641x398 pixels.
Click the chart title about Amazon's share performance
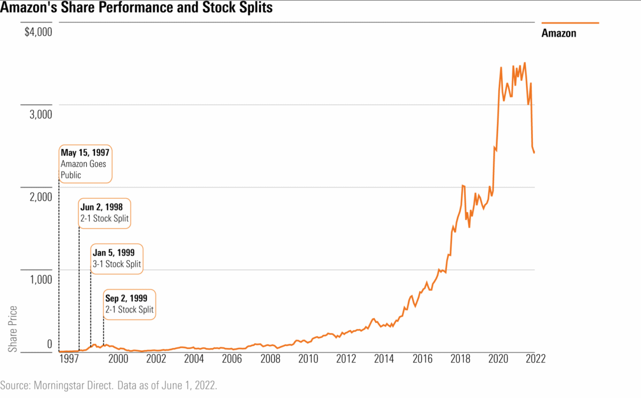click(136, 9)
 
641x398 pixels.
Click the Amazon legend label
click(558, 33)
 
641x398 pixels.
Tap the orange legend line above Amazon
click(570, 22)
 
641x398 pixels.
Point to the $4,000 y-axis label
click(38, 32)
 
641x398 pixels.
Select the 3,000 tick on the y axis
click(41, 114)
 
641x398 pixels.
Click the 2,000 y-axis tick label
click(41, 196)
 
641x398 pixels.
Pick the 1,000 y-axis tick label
click(41, 279)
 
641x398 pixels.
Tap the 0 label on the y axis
click(50, 344)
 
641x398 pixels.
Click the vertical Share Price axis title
click(13, 329)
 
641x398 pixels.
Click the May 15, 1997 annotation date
click(85, 153)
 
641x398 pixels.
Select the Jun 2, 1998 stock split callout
click(104, 213)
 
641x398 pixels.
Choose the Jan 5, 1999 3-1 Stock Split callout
click(117, 258)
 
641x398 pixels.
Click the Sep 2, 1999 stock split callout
click(129, 304)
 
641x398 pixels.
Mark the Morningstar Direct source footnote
click(109, 385)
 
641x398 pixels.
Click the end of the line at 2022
click(534, 153)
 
